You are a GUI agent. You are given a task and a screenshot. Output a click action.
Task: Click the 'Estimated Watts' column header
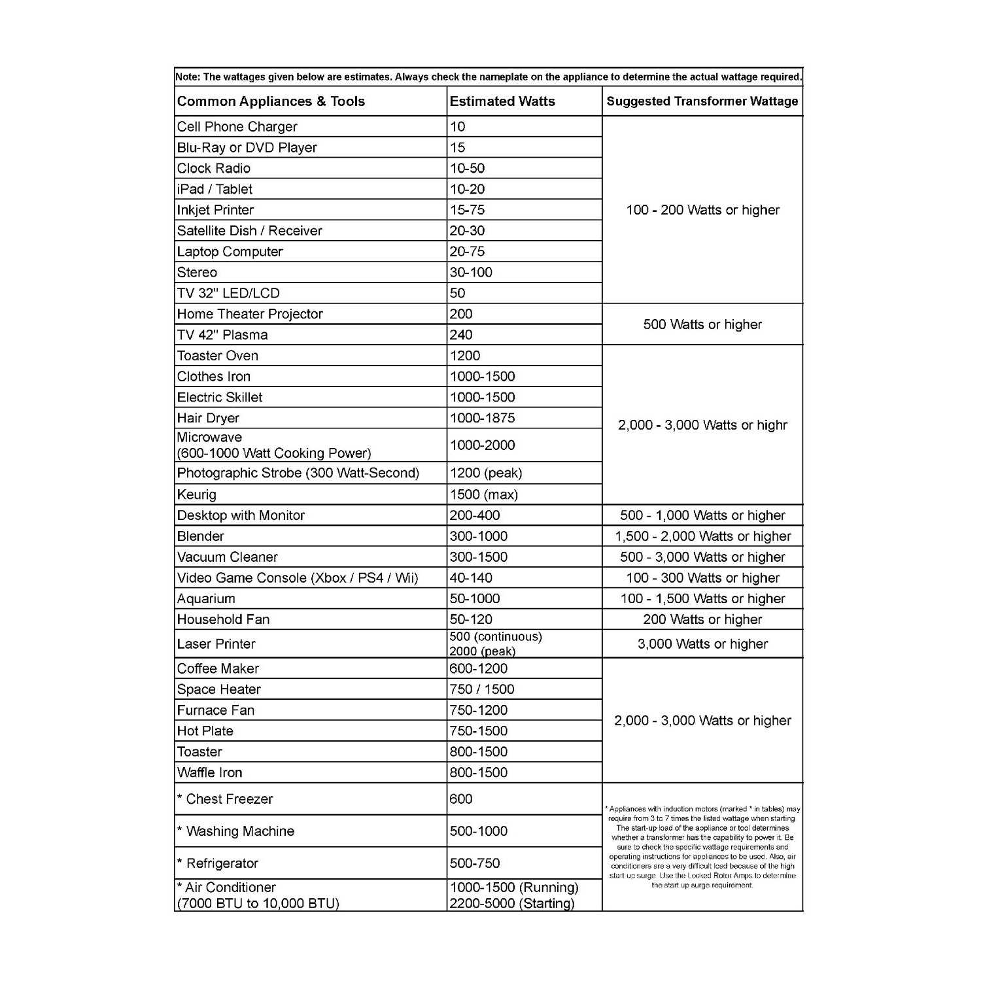[502, 101]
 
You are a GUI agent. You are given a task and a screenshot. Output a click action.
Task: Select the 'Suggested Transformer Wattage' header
[702, 101]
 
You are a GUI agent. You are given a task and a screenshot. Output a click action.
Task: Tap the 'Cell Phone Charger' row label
[237, 127]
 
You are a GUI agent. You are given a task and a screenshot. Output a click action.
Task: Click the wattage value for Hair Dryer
[482, 418]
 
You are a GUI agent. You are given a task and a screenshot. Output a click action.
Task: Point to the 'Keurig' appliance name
[197, 494]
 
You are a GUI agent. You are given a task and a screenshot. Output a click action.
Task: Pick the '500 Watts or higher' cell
[702, 324]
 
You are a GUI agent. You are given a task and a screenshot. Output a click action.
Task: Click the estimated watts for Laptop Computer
[467, 252]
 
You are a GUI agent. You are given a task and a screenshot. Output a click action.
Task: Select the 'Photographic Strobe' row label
[298, 473]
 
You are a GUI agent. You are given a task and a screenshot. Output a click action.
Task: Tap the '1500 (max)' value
[483, 494]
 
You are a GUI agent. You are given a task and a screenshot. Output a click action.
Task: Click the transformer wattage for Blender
[702, 536]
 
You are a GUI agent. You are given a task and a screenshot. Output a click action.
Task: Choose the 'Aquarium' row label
[206, 598]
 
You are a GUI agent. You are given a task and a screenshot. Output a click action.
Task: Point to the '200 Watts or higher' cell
[702, 619]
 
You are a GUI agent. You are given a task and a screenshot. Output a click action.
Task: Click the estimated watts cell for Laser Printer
[495, 644]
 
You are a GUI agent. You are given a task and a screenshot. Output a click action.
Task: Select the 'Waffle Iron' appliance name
[209, 772]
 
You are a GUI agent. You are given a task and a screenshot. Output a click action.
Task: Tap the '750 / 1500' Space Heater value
[482, 689]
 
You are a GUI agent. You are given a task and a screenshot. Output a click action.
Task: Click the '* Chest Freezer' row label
[225, 799]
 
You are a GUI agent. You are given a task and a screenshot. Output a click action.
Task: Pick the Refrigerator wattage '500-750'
[475, 863]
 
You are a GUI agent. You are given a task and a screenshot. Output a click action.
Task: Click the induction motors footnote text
[702, 847]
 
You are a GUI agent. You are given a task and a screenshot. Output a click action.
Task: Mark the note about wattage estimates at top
[489, 77]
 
